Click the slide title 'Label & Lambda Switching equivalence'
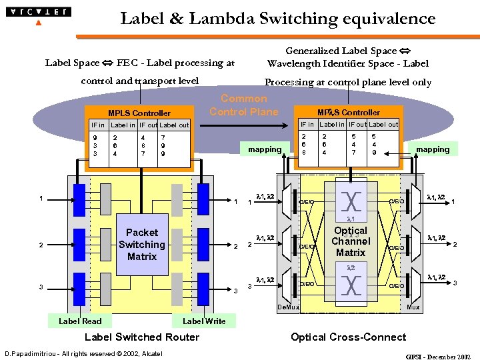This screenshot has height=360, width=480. pyautogui.click(x=277, y=19)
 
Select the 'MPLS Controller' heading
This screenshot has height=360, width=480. pyautogui.click(x=139, y=113)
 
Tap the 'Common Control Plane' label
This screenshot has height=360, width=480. pyautogui.click(x=244, y=105)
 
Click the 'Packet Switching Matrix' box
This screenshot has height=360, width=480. pyautogui.click(x=142, y=245)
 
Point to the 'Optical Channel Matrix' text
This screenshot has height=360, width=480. pyautogui.click(x=351, y=242)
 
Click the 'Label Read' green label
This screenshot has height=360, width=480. pyautogui.click(x=80, y=321)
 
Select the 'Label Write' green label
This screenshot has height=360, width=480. pyautogui.click(x=204, y=321)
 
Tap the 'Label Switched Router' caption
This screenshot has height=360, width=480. pyautogui.click(x=142, y=337)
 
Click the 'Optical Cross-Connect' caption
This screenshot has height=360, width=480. pyautogui.click(x=348, y=337)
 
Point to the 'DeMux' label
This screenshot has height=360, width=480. pyautogui.click(x=288, y=307)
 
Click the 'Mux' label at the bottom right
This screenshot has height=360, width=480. pyautogui.click(x=413, y=307)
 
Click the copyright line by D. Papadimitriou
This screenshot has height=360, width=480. pyautogui.click(x=83, y=353)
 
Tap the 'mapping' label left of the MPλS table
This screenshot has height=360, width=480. pyautogui.click(x=265, y=149)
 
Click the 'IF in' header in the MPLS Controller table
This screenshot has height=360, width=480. pyautogui.click(x=98, y=125)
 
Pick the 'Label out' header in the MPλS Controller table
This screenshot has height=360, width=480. pyautogui.click(x=383, y=124)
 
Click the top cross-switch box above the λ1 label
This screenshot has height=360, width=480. pyautogui.click(x=351, y=201)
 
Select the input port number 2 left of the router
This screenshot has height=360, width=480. pyautogui.click(x=41, y=245)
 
